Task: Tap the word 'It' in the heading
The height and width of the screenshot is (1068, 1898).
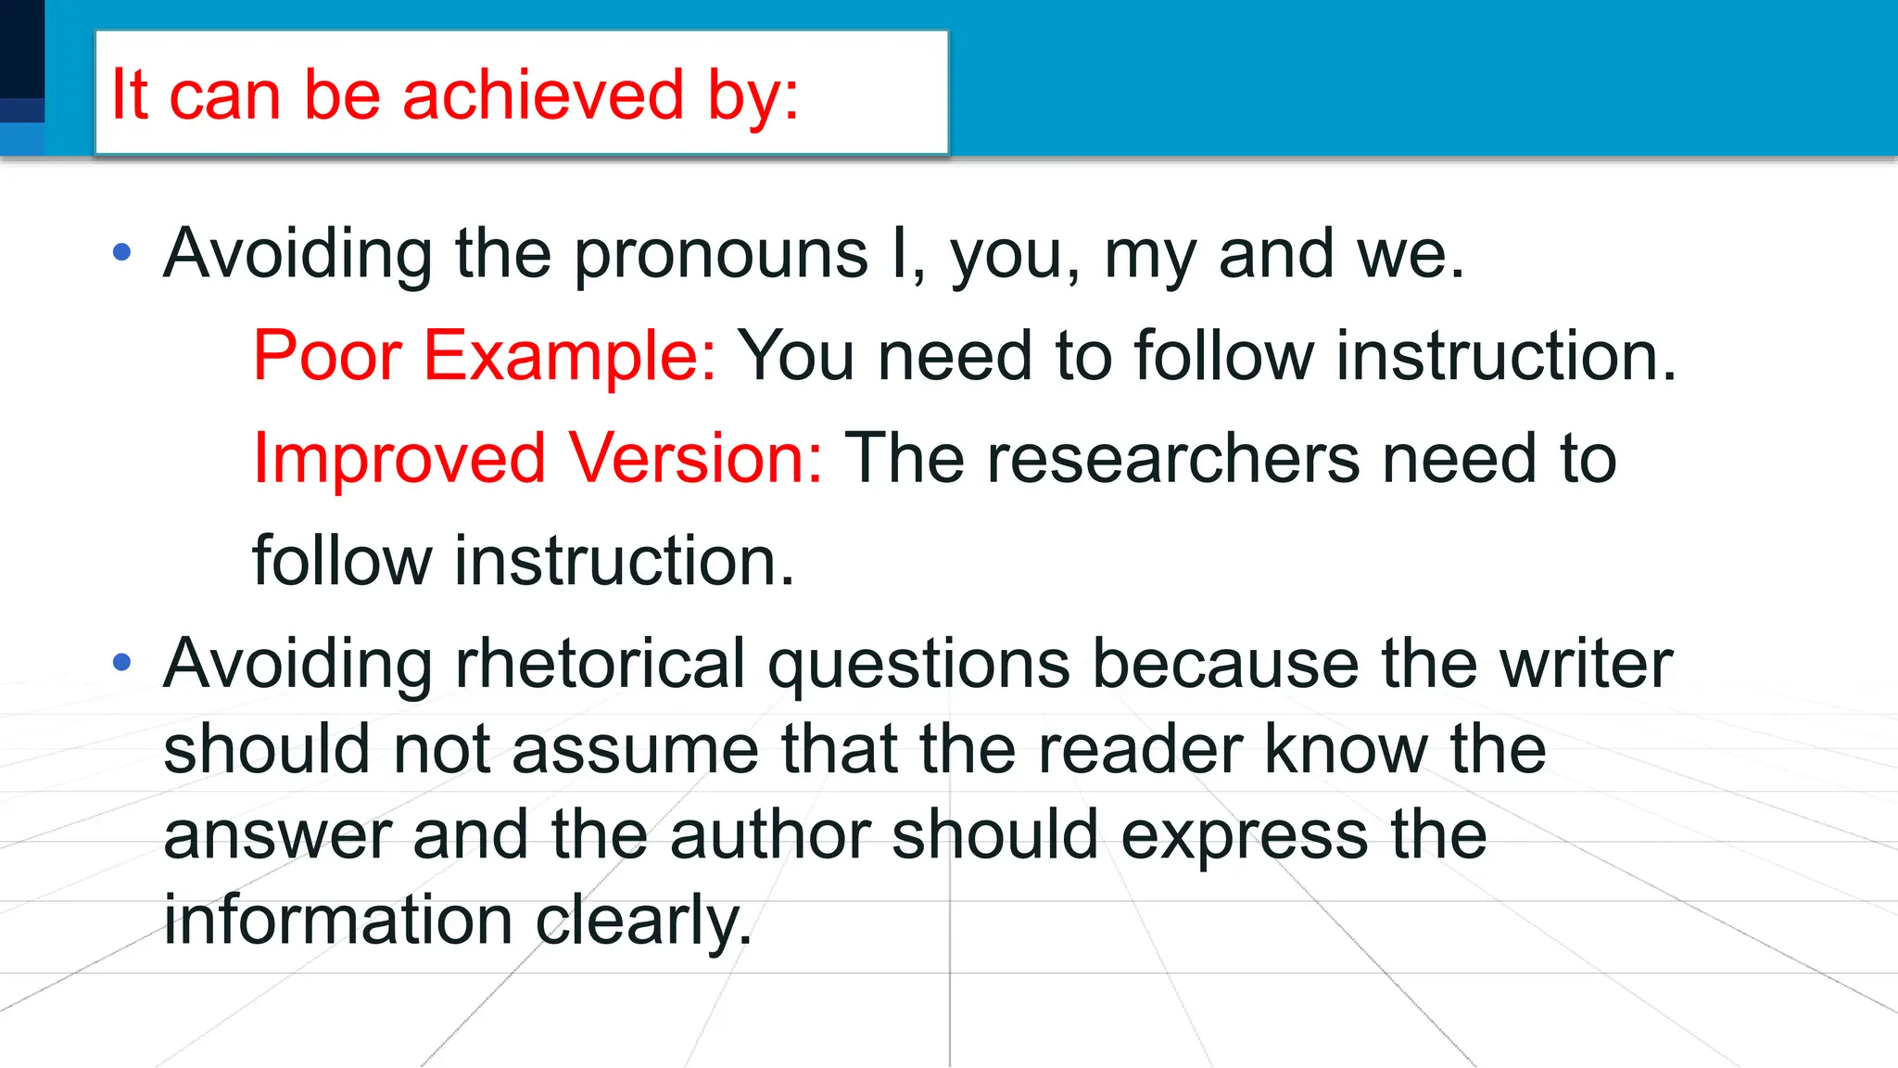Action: [x=129, y=95]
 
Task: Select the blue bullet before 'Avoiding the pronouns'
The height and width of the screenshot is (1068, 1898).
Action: [x=121, y=252]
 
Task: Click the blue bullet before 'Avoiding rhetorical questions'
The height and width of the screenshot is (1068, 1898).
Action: [x=121, y=662]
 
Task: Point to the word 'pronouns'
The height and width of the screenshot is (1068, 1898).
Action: [x=721, y=254]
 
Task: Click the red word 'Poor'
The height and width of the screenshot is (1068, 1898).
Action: [x=327, y=356]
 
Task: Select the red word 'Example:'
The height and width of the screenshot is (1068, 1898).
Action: [x=570, y=356]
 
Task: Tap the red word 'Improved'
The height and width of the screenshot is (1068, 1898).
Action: [x=399, y=459]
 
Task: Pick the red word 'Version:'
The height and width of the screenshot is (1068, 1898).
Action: [x=695, y=459]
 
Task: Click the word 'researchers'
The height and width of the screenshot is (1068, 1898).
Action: [x=1172, y=459]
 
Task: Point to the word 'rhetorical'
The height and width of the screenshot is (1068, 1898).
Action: [x=600, y=664]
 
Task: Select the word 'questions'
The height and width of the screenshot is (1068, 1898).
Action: [x=918, y=666]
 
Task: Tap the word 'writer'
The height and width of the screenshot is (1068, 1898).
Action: [x=1586, y=664]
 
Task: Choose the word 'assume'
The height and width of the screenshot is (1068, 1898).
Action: [x=635, y=750]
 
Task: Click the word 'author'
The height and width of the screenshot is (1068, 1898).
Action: [x=770, y=835]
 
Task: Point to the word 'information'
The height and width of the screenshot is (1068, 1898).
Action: [x=338, y=920]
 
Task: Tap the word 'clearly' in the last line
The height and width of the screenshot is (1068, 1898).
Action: [x=643, y=921]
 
